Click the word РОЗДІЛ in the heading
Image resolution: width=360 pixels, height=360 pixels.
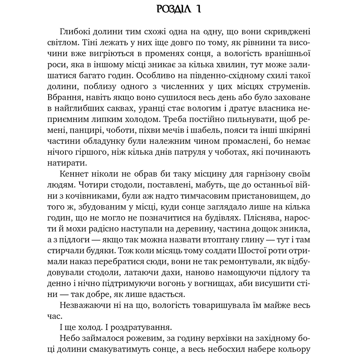[174, 9]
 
